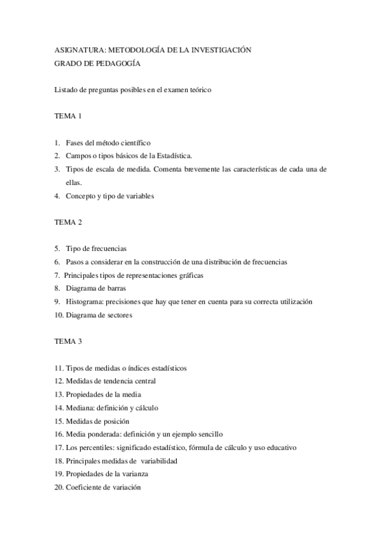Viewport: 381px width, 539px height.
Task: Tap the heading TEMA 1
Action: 69,116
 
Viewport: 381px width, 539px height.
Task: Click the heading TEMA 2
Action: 69,222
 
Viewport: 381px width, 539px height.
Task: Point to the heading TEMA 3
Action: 69,341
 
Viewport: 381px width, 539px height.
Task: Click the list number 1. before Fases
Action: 57,143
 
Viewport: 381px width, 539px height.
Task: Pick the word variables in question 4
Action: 139,196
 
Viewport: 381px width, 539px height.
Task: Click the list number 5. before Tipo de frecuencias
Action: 57,249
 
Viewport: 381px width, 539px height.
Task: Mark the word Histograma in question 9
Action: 85,301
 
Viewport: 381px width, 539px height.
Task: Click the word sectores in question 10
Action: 118,315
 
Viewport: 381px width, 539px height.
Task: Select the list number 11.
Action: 59,368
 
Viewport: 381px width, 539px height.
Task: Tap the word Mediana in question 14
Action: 81,407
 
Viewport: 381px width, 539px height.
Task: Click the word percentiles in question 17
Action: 95,447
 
